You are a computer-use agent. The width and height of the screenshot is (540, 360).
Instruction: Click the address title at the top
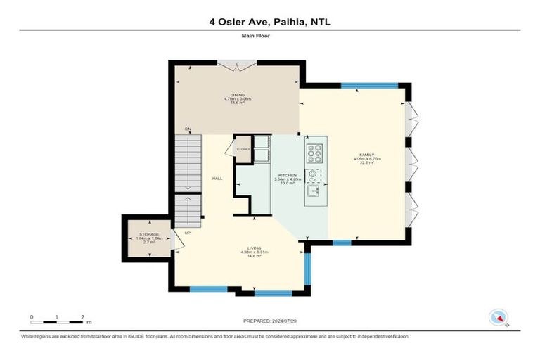click(269, 22)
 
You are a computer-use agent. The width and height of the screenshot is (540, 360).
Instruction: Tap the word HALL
click(217, 179)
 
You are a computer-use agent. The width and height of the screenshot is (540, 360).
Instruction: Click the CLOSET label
click(243, 149)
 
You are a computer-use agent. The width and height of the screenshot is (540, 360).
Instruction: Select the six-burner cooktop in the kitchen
click(315, 151)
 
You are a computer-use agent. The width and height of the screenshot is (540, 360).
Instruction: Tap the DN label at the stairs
click(188, 129)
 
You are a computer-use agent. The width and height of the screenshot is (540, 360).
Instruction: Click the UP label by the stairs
click(187, 232)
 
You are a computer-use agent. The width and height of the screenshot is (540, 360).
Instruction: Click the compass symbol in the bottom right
click(499, 317)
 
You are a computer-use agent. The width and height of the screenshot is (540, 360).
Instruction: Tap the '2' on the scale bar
click(83, 317)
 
